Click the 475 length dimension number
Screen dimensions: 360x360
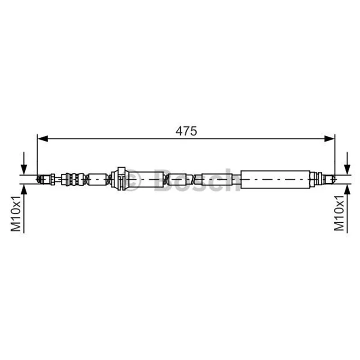click(186, 131)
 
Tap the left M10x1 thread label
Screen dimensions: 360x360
click(16, 213)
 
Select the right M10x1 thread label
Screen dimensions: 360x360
click(339, 213)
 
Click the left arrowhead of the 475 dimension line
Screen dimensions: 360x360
click(42, 139)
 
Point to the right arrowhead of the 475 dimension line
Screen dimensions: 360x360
click(329, 139)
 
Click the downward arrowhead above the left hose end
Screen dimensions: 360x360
click(24, 170)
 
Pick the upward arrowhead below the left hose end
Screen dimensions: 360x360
click(24, 189)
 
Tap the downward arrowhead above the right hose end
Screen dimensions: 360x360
click(347, 170)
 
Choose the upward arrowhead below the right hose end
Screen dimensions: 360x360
click(347, 189)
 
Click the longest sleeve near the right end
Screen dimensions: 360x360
click(275, 179)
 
